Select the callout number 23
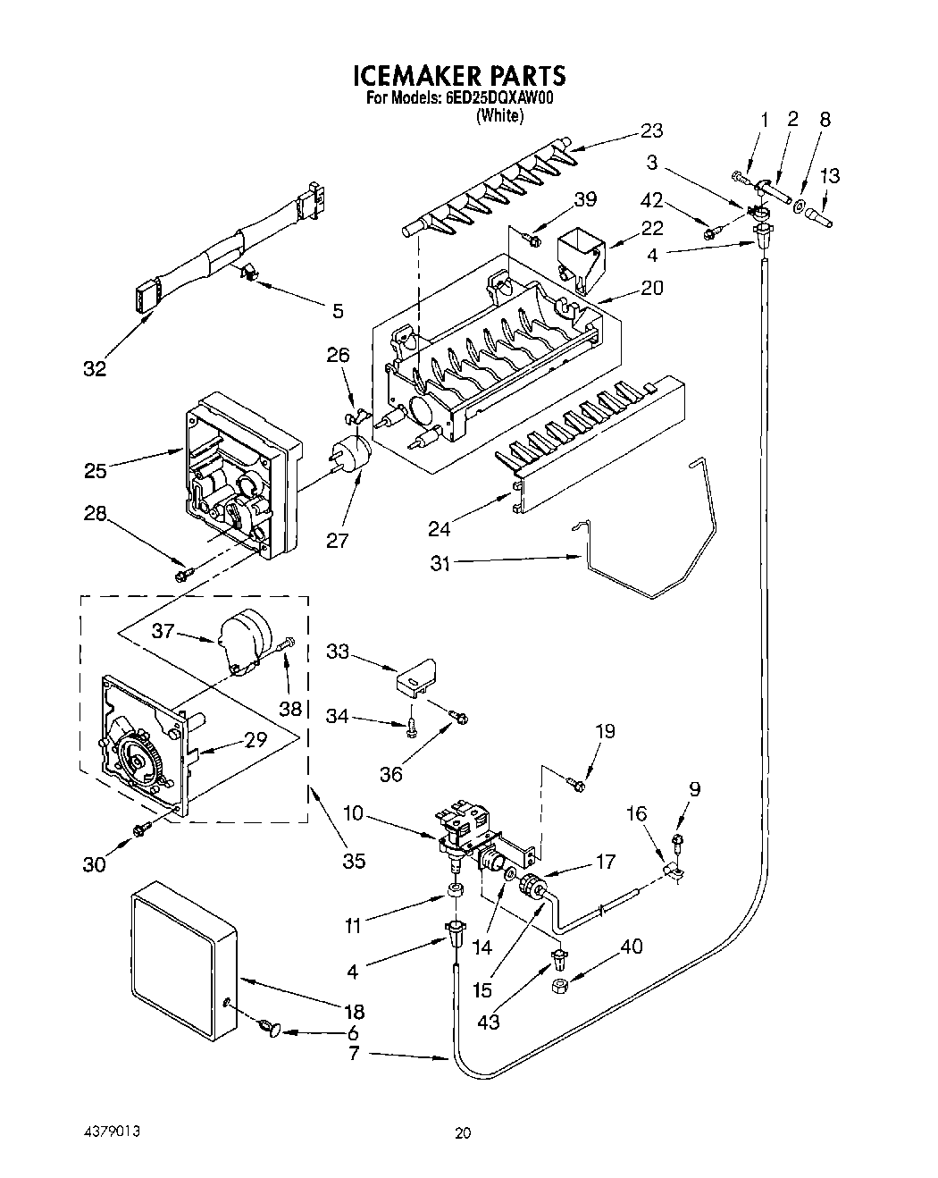[x=651, y=130]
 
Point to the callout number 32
[x=95, y=368]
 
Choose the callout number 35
[x=354, y=861]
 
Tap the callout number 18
[x=354, y=1011]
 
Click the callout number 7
[x=354, y=1054]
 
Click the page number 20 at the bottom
[x=462, y=1133]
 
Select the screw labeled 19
[x=576, y=786]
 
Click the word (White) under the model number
[x=499, y=115]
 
